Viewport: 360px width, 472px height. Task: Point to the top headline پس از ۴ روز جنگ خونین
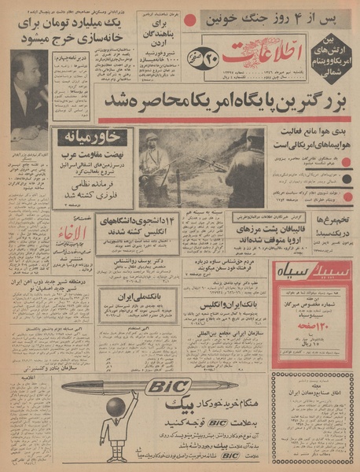point(277,15)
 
